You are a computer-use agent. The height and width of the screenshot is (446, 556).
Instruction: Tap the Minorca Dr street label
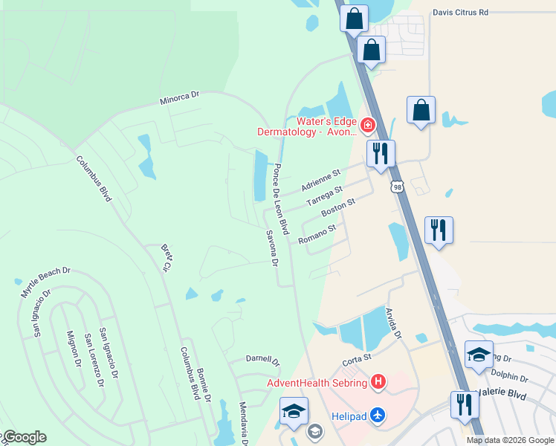click(x=180, y=98)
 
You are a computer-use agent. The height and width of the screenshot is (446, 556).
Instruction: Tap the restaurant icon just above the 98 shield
click(x=381, y=153)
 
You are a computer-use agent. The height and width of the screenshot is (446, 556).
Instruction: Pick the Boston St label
click(x=338, y=207)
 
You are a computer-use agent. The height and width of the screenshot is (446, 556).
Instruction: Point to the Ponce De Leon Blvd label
click(x=280, y=195)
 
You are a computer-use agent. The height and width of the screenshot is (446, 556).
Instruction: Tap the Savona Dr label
click(x=271, y=248)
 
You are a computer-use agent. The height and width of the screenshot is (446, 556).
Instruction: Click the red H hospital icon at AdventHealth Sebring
click(x=378, y=383)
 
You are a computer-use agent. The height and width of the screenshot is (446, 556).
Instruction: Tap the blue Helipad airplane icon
click(x=378, y=415)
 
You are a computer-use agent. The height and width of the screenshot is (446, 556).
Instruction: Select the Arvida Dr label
click(x=392, y=323)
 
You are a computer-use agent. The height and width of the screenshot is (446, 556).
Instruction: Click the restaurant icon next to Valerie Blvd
click(x=464, y=404)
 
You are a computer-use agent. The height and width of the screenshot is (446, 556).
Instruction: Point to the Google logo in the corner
click(x=24, y=437)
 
